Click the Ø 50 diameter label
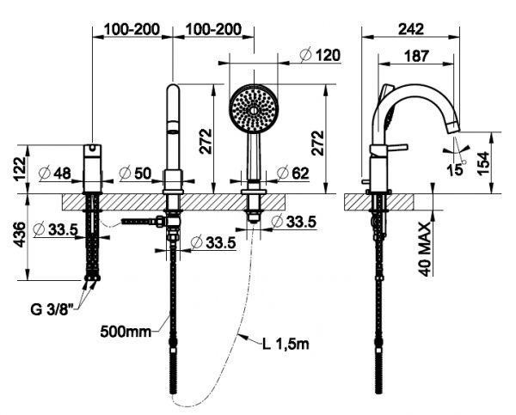137,173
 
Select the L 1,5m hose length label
287,345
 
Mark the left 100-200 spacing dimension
132,29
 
